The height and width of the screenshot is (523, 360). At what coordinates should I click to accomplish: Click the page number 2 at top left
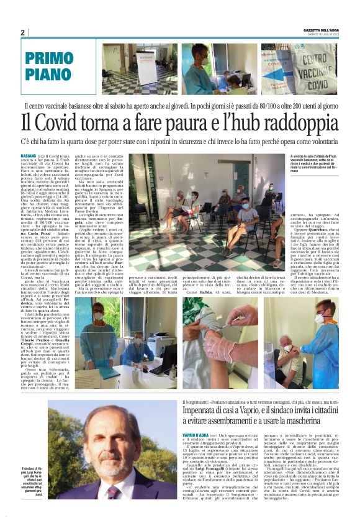tap(23, 32)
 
